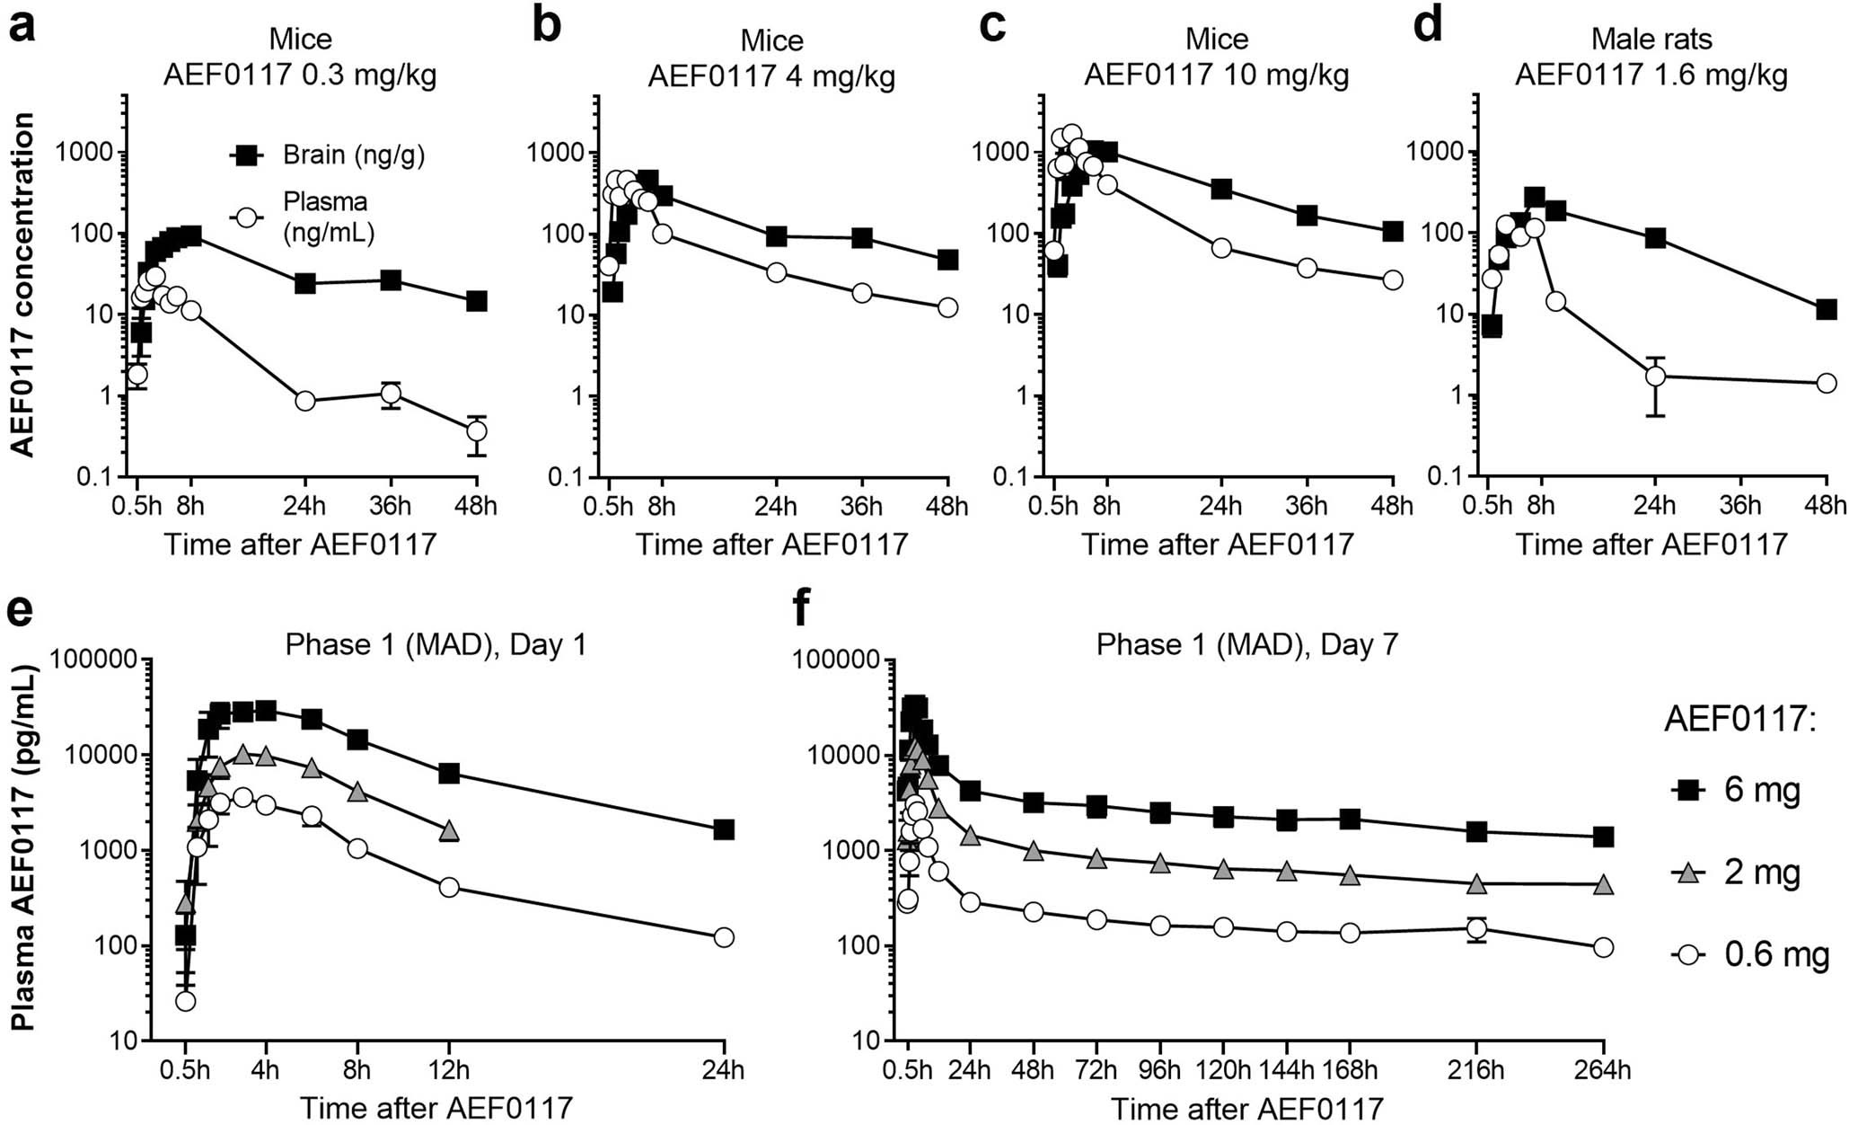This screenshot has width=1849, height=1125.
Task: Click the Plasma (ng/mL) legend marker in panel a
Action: coord(247,217)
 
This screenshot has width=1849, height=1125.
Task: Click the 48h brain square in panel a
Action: coord(476,301)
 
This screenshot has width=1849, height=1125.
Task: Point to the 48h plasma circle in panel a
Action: coord(476,430)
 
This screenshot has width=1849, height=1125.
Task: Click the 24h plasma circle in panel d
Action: coord(1655,376)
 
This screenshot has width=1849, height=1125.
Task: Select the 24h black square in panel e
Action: coord(724,829)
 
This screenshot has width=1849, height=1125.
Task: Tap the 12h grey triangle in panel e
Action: coord(449,831)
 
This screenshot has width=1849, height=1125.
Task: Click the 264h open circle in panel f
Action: coord(1603,947)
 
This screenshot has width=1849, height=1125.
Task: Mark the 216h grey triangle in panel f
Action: coord(1476,884)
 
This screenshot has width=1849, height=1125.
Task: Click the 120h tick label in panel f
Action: coord(1224,1069)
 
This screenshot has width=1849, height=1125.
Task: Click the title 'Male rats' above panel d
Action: coord(1651,40)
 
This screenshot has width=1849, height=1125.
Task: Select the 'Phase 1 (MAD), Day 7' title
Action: coord(1246,644)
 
